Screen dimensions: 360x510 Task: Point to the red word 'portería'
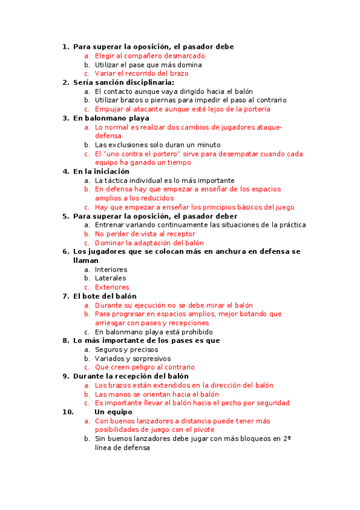click(255, 109)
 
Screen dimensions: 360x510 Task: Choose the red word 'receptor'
click(178, 234)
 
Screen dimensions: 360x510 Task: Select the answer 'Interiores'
click(111, 269)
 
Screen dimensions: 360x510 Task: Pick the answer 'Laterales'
click(111, 278)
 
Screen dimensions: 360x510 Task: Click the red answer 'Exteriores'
click(112, 287)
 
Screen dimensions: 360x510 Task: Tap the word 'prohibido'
click(194, 332)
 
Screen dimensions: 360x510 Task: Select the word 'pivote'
click(201, 430)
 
